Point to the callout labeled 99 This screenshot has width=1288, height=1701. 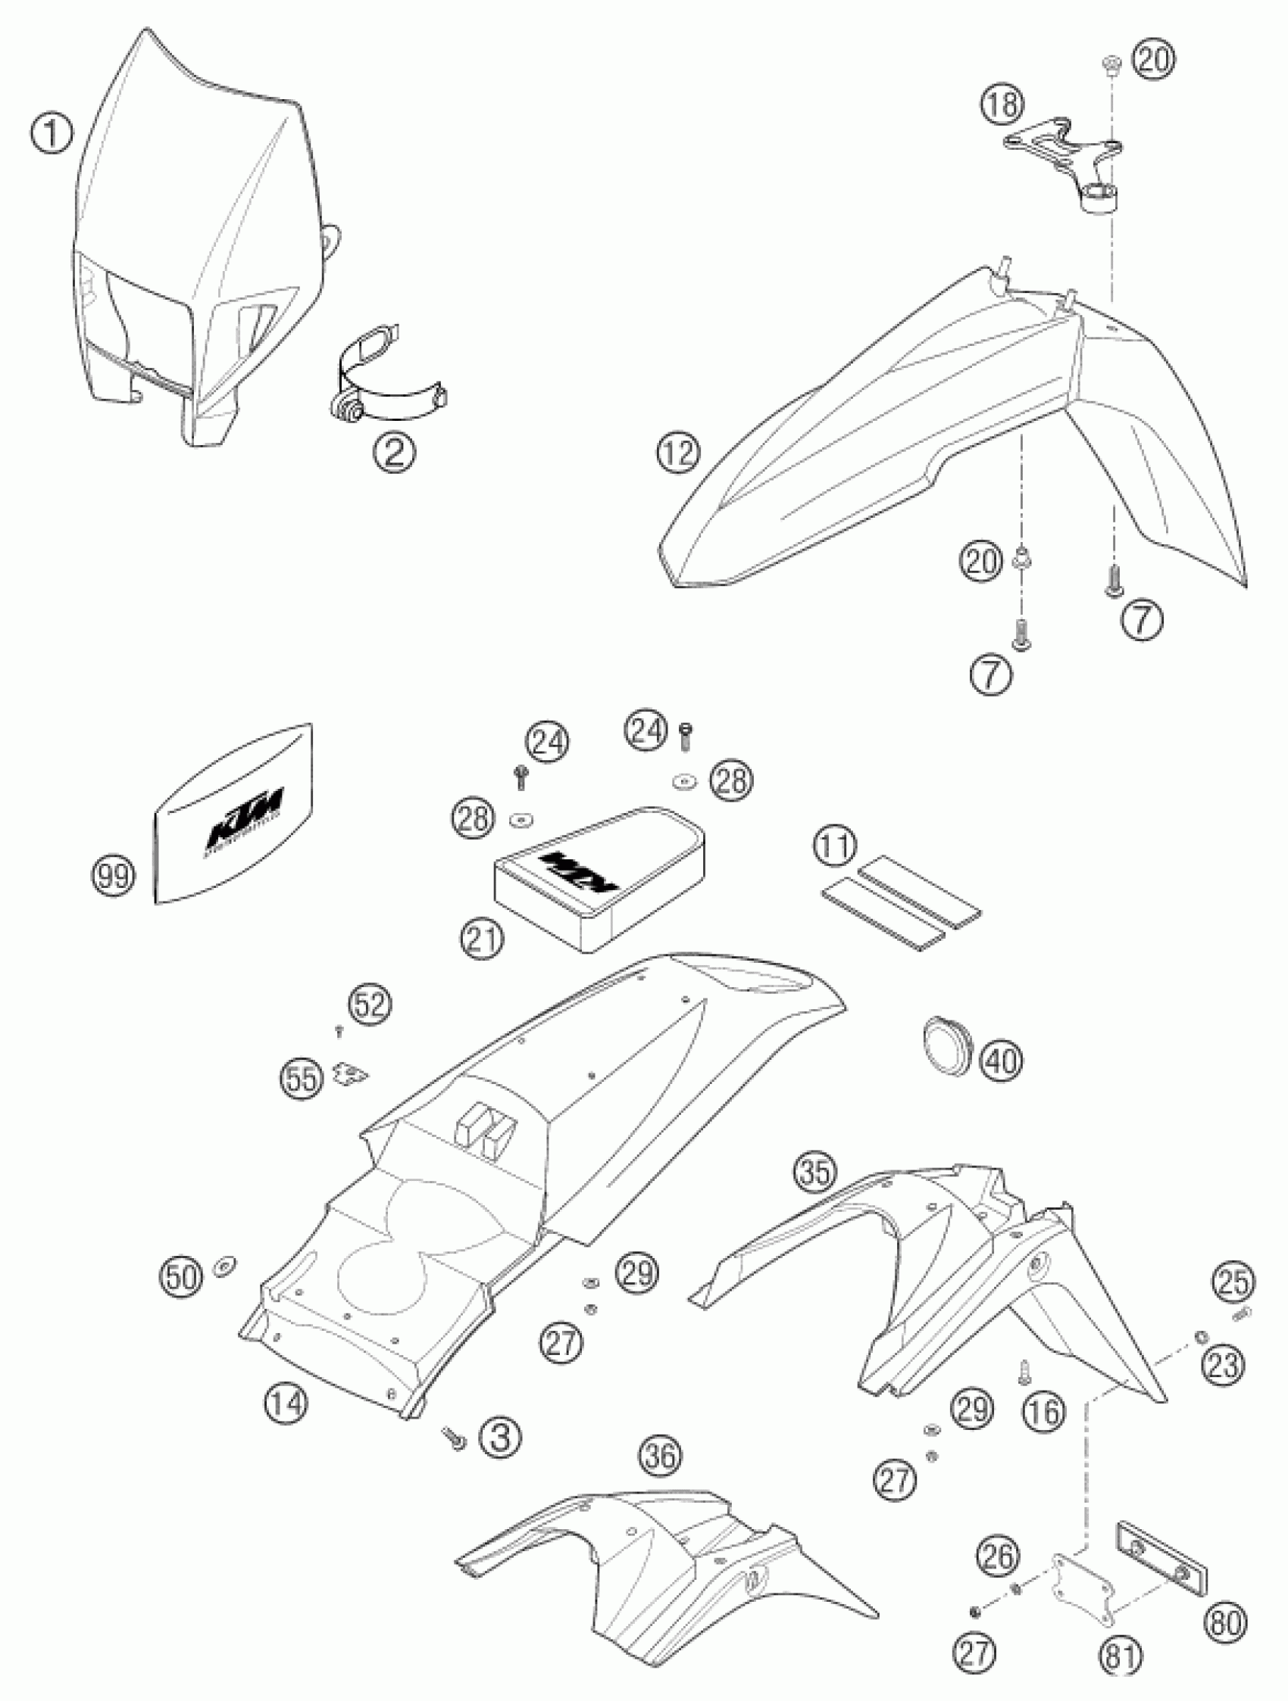click(x=112, y=876)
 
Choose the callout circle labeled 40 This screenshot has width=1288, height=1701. click(x=1002, y=1061)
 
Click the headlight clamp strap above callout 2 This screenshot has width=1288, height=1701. click(x=385, y=381)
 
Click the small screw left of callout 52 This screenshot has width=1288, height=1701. click(x=339, y=1030)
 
